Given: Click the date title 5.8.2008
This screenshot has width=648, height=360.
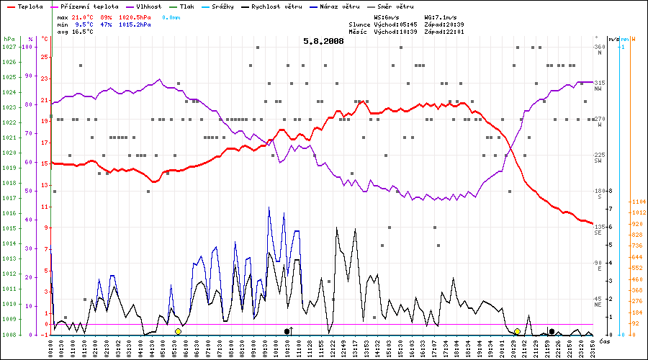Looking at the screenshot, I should (x=323, y=41).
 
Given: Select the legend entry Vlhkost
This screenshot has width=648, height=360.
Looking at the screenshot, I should (x=148, y=6).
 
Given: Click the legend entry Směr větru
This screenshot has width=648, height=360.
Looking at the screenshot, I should (x=393, y=6).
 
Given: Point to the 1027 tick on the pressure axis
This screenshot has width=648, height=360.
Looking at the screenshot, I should (x=9, y=47).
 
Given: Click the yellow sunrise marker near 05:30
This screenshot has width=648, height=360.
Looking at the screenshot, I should (x=178, y=331).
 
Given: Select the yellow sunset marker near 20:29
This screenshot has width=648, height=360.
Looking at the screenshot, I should (x=517, y=331).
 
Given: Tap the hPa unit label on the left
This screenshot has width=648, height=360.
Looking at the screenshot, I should (x=9, y=38).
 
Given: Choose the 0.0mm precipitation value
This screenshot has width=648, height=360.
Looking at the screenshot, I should (x=171, y=16).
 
